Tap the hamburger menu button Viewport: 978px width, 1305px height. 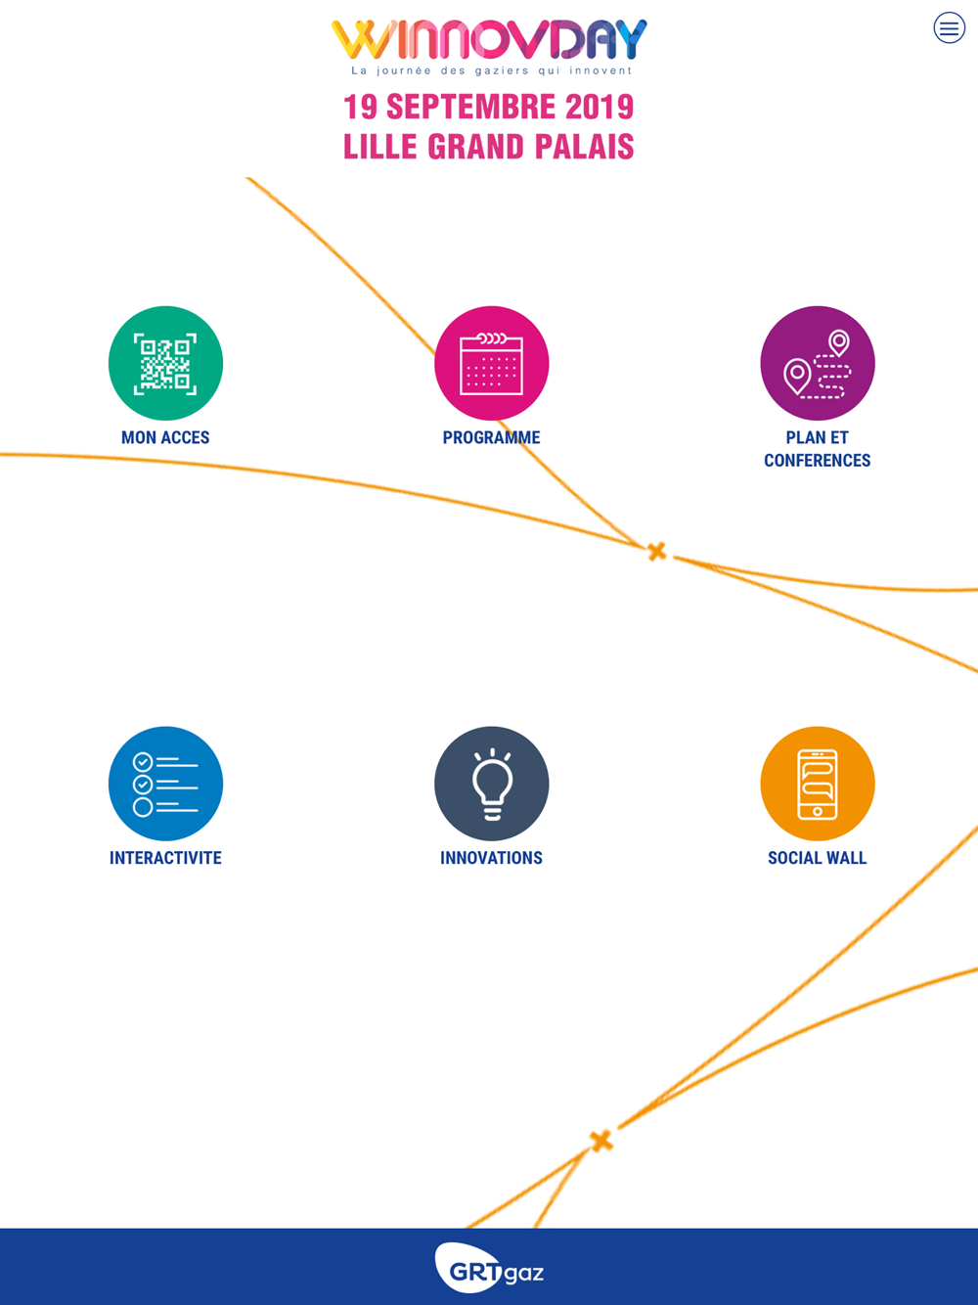(x=949, y=27)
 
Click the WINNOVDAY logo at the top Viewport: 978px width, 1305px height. (x=489, y=40)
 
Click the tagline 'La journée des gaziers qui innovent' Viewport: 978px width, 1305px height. (x=491, y=71)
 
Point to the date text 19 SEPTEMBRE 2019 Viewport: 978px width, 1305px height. (x=489, y=107)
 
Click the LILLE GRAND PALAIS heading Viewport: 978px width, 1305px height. (x=489, y=147)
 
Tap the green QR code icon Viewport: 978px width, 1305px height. (x=166, y=363)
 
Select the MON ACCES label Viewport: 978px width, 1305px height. (x=166, y=437)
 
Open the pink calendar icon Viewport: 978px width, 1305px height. (x=491, y=363)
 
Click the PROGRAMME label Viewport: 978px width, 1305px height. (x=491, y=437)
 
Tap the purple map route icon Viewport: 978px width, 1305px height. (x=818, y=363)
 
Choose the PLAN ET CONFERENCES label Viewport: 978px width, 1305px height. (x=818, y=449)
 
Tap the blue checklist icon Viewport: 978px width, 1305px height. (x=166, y=784)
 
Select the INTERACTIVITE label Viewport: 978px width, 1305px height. (x=166, y=858)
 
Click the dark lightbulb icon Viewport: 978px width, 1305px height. (x=491, y=784)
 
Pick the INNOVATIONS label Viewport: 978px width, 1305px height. (x=491, y=858)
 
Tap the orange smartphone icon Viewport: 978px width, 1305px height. (x=818, y=784)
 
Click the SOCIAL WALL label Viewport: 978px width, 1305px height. (x=818, y=858)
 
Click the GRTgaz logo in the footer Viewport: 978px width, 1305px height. (x=489, y=1268)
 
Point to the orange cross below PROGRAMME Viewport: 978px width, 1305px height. (x=657, y=552)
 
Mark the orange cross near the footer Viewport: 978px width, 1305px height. (x=601, y=1141)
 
